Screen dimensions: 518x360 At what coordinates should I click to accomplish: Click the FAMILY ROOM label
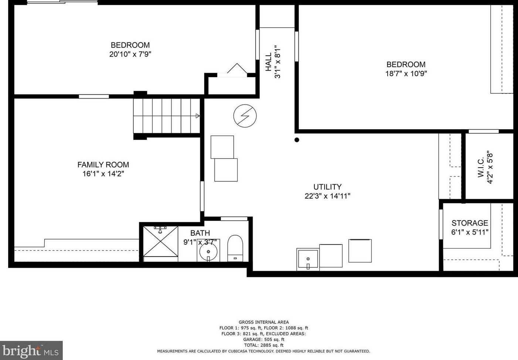coord(103,165)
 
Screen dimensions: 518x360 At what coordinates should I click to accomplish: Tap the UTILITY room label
coord(327,187)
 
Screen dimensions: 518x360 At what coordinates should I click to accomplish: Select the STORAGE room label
coord(470,223)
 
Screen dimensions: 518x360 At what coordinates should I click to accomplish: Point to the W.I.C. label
coord(481,168)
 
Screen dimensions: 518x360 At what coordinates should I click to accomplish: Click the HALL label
coord(268,62)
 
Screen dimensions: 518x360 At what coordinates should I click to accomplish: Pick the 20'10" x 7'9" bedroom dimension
coord(130,54)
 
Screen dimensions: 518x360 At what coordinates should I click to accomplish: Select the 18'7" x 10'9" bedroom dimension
coord(406,74)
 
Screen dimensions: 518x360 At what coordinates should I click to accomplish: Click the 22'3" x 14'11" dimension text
coord(327,196)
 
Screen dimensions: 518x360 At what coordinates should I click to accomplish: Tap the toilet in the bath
coord(235,248)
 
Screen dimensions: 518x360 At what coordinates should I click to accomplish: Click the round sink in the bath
coord(208,252)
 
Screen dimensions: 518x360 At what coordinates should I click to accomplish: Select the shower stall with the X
coord(160,241)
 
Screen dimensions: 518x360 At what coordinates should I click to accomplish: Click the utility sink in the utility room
coord(308,259)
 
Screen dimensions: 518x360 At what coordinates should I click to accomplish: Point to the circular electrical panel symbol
coord(245,116)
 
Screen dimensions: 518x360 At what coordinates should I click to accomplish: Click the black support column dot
coord(297,140)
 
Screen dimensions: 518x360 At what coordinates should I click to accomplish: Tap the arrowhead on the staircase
coord(198,116)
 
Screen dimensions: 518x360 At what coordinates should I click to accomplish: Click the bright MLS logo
coord(31,350)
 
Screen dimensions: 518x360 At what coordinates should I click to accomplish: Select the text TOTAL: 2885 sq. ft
coord(264,345)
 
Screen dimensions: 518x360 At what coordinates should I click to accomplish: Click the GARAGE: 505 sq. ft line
coord(264,339)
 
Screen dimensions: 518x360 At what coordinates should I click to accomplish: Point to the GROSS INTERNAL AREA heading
coord(264,322)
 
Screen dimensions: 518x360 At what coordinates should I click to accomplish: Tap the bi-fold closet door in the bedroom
coord(237,68)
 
